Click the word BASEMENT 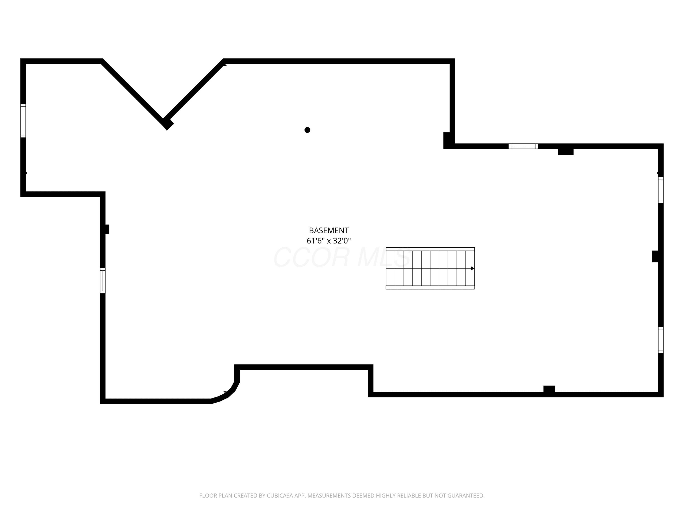click(329, 231)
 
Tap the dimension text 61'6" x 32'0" click(329, 241)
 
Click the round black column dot click(307, 130)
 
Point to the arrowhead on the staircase click(472, 268)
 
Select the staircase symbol click(430, 268)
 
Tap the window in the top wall click(523, 146)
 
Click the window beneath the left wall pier click(103, 280)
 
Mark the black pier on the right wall click(655, 256)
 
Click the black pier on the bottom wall click(549, 389)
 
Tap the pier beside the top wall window click(566, 152)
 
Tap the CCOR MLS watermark click(342, 258)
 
